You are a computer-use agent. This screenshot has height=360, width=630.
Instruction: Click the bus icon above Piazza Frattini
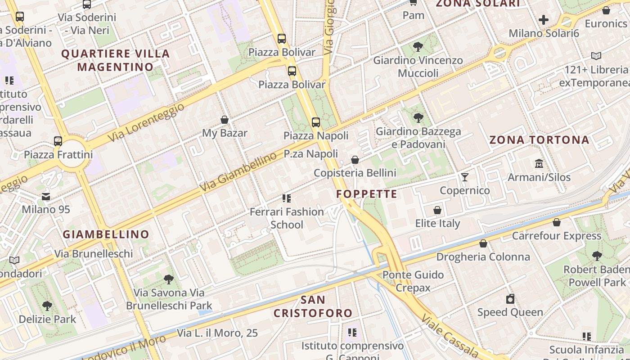(58, 141)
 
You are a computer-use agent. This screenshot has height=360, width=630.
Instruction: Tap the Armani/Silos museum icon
(539, 163)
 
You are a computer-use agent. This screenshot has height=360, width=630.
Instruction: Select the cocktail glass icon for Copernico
(464, 177)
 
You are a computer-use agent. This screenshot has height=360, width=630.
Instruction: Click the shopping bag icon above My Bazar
(225, 120)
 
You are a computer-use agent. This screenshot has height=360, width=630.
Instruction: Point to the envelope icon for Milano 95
(46, 196)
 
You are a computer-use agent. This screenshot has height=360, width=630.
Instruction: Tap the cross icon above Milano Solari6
(544, 20)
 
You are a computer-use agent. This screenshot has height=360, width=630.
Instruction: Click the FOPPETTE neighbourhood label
(367, 194)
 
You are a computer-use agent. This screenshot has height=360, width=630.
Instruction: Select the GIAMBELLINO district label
(106, 234)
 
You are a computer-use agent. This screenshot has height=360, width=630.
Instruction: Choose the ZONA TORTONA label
(539, 139)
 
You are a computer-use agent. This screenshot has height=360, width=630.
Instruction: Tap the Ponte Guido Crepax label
(413, 281)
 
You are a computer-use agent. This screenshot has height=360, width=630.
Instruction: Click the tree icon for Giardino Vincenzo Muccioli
(418, 46)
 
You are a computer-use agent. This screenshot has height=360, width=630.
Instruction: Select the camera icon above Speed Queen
(510, 299)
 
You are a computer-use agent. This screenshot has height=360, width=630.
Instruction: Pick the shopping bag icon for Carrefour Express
(557, 222)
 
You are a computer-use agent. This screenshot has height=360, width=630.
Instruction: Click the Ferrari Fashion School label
(287, 218)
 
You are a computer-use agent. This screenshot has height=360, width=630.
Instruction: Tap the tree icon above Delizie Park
(47, 306)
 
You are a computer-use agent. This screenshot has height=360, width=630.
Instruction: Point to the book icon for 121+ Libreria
(596, 56)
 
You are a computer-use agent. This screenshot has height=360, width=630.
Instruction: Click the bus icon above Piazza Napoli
(316, 122)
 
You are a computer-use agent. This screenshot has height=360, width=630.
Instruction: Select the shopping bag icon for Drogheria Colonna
(483, 243)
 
